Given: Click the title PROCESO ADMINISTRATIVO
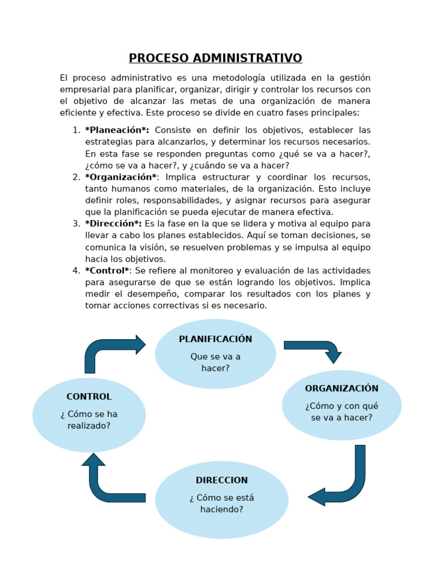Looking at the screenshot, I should click(215, 58).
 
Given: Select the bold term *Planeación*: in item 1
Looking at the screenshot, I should click(117, 130).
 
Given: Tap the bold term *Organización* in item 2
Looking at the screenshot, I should click(121, 177).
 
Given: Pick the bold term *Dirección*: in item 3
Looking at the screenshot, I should click(113, 224).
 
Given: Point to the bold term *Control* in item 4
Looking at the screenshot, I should click(107, 271).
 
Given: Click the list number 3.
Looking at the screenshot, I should click(76, 224).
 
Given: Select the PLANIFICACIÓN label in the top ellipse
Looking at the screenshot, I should click(215, 339).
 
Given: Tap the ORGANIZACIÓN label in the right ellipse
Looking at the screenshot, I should click(341, 389).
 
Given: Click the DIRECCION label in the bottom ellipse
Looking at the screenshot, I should click(222, 481).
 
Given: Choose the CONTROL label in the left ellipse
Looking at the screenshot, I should click(89, 396).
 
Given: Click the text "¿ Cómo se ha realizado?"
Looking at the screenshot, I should click(89, 420).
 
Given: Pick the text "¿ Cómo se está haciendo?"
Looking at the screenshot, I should click(222, 504).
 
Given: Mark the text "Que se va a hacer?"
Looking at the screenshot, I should click(215, 362).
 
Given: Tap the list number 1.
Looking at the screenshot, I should click(76, 130).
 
